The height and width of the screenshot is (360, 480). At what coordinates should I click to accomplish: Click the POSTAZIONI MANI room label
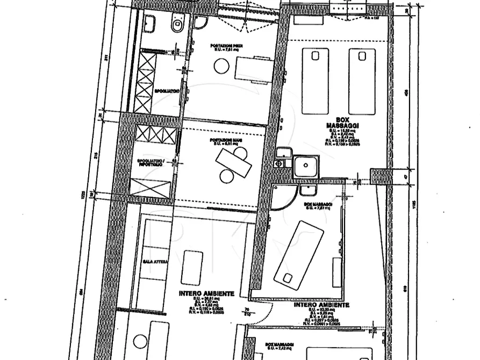point(223,142)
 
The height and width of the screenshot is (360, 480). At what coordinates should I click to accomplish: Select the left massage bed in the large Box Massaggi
point(315,81)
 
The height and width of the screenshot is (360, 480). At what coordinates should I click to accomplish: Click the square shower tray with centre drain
point(306,167)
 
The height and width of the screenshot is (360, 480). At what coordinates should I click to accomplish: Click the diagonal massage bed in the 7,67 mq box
point(299,253)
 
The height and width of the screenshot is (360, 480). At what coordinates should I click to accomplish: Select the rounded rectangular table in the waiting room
point(192,267)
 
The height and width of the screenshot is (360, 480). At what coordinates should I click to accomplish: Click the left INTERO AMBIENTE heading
point(206,294)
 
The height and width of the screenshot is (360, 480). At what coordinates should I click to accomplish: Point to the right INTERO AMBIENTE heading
point(321,305)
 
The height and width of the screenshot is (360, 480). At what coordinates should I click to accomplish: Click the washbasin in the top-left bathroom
point(150,24)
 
